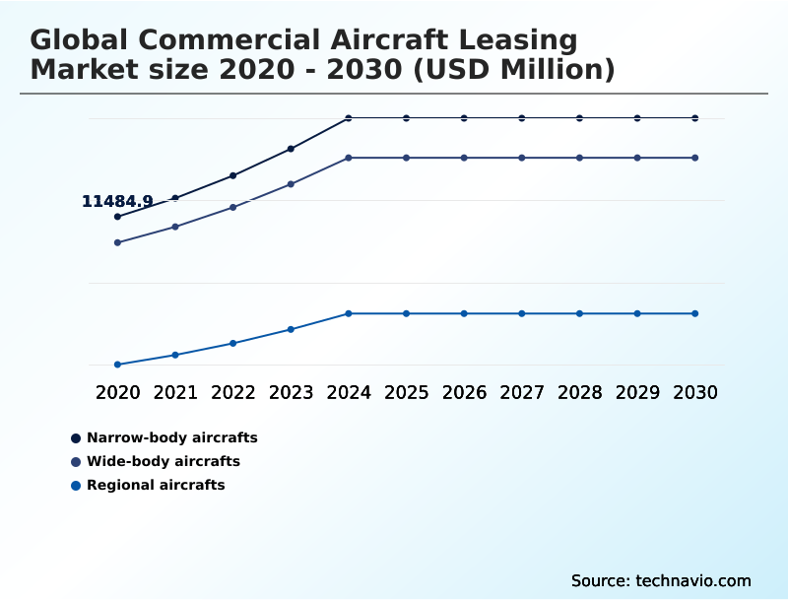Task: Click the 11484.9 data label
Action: coord(117,202)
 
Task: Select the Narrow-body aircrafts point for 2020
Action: coord(118,217)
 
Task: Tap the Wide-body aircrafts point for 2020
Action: coord(118,242)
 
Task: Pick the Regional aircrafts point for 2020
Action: coord(118,365)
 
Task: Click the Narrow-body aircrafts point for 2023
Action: coord(291,149)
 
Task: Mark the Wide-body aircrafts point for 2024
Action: coord(349,158)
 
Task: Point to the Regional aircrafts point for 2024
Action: coord(349,313)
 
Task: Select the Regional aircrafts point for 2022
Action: coord(233,343)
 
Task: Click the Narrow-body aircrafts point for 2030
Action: coord(695,118)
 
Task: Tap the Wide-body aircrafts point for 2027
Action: coord(522,158)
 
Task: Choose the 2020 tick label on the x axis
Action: coord(118,392)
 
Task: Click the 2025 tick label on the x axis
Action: coord(406,392)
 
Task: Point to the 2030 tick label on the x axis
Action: coord(695,392)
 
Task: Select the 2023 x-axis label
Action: coord(291,392)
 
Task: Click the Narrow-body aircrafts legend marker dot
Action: coord(76,437)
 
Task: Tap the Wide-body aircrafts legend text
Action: coord(164,461)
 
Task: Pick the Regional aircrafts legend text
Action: coord(156,485)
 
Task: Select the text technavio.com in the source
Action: coord(691,580)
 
